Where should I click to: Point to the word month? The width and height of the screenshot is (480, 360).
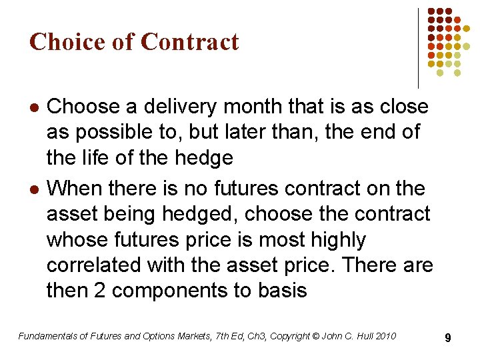[257, 106]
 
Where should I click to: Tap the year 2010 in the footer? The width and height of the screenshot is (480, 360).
[385, 336]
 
